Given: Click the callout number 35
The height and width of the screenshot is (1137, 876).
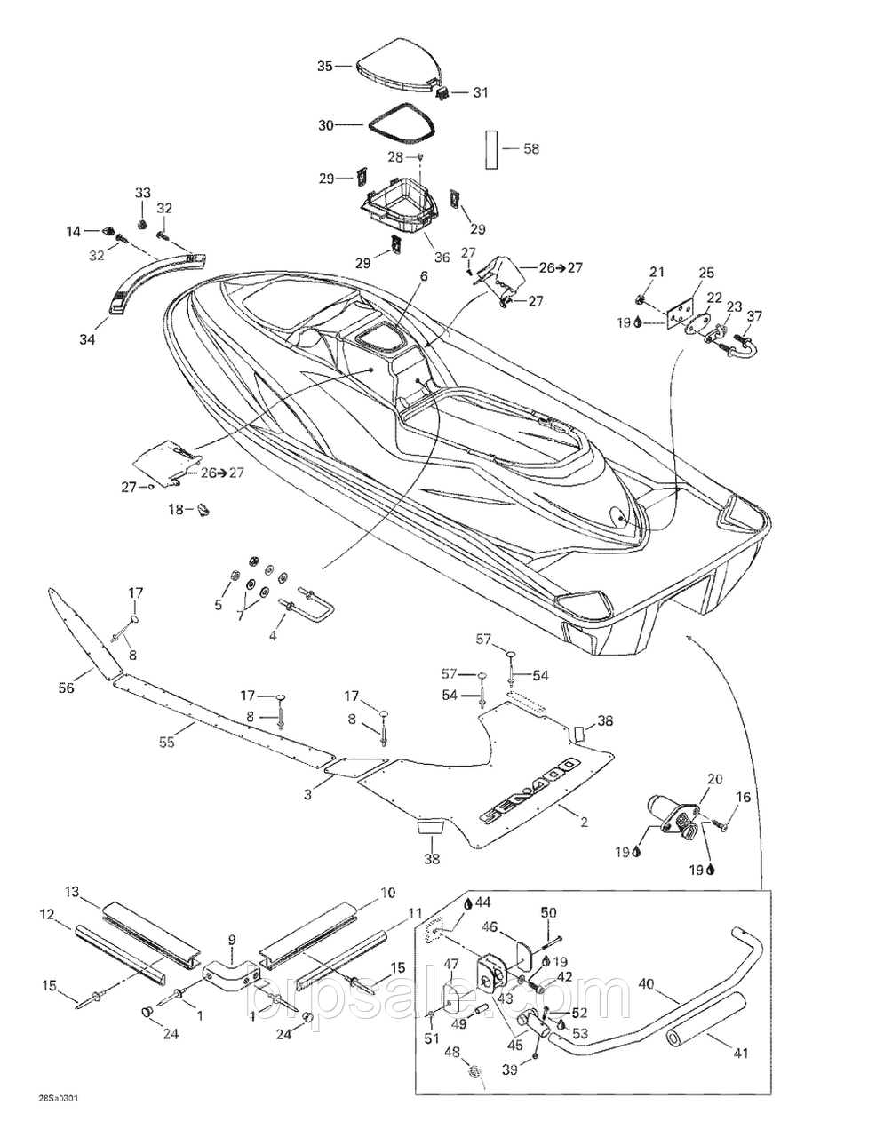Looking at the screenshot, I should [x=324, y=66].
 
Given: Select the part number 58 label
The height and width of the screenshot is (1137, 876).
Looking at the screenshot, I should [x=531, y=149].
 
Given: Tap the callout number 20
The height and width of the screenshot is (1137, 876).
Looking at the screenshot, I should [x=714, y=779].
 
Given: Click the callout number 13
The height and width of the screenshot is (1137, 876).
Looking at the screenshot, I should [x=72, y=892].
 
